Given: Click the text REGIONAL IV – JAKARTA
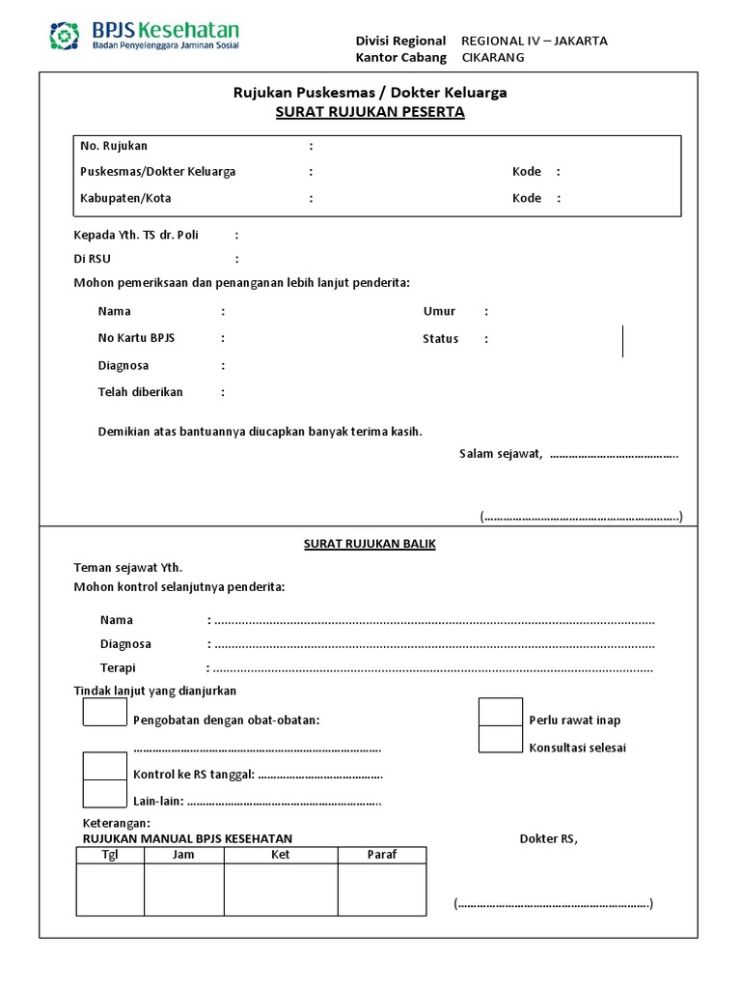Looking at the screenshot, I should pos(534,41).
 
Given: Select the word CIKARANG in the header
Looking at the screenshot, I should pos(494,57).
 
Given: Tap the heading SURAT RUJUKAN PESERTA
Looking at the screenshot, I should pos(370,112).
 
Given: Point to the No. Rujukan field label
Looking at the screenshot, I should pos(114,146).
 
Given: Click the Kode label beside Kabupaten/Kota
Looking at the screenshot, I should pos(527,198).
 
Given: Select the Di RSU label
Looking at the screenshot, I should pos(93,259).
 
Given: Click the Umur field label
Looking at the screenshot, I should pos(439,311).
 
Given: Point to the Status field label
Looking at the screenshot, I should pos(440,339).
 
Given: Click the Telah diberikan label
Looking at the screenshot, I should pos(140,392).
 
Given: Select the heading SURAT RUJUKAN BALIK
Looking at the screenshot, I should pos(370,544).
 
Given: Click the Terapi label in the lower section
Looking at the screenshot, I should pos(118,667).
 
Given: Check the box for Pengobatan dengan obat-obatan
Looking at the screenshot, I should pos(105,712).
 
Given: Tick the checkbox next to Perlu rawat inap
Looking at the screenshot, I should pos(501,712).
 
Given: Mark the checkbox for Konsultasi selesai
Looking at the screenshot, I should pos(501,739).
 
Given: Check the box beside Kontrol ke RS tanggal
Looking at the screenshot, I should pos(105,766).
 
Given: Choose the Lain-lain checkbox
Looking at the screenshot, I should pos(105,793).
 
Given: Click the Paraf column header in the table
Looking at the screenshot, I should pos(382,855).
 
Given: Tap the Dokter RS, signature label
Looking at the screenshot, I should pos(548,838).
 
